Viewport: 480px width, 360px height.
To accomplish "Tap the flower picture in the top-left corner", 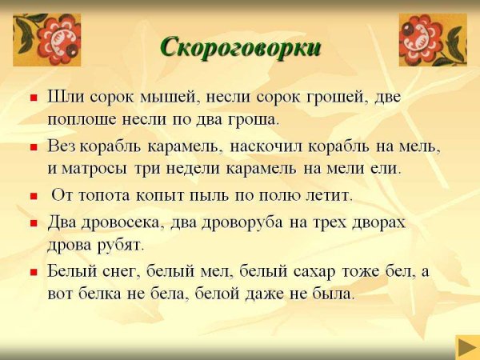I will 36,39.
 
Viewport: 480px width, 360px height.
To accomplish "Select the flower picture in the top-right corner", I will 433,39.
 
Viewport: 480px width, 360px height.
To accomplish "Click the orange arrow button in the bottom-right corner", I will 467,346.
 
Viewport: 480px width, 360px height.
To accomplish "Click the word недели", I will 200,170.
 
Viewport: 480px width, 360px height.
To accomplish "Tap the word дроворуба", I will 244,222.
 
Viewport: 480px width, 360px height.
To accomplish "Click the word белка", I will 110,294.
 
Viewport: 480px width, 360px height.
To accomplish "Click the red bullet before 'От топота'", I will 34,195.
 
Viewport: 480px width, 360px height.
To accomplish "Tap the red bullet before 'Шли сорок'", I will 34,98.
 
